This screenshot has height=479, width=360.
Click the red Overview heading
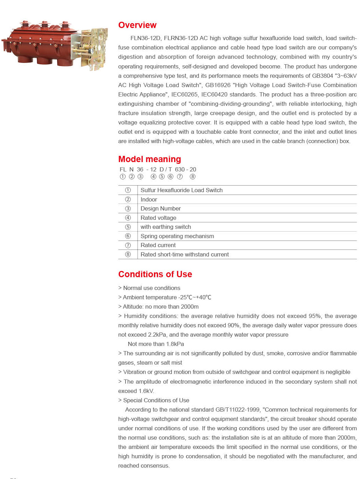click(x=137, y=25)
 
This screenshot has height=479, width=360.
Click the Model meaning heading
click(x=149, y=159)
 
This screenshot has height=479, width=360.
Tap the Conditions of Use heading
click(x=155, y=274)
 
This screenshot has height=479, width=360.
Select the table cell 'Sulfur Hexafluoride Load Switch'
click(x=182, y=190)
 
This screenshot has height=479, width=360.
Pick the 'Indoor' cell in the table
click(x=149, y=199)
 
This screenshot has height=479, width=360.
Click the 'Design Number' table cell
click(x=160, y=208)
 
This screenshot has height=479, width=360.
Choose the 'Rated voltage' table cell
click(x=158, y=218)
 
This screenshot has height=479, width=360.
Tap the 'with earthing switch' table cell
click(x=166, y=227)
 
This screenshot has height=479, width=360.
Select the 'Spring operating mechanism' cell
click(x=177, y=236)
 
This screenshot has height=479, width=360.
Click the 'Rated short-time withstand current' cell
click(x=185, y=254)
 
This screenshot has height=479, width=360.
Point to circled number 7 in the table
click(x=128, y=245)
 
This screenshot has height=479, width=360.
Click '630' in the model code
click(x=180, y=169)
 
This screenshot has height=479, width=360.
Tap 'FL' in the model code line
click(x=123, y=169)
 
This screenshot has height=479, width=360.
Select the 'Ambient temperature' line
click(x=165, y=297)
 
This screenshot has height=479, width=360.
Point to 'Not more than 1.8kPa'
click(x=156, y=344)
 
